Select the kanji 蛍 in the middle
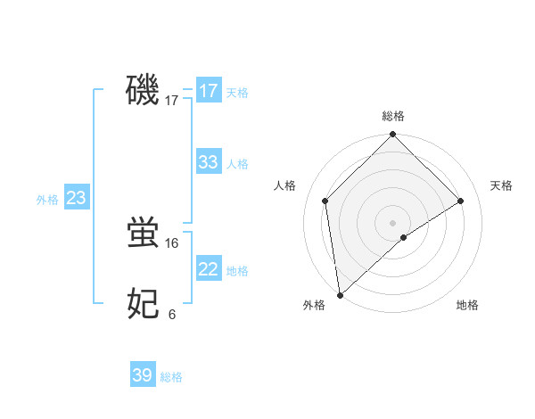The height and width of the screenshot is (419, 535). [x=143, y=234]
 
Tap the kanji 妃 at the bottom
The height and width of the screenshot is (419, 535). [x=143, y=304]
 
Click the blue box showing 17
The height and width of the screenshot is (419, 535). [x=208, y=91]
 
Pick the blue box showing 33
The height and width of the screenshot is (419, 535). [x=208, y=162]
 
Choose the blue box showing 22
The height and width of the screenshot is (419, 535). [x=208, y=269]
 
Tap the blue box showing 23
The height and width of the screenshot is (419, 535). [x=77, y=198]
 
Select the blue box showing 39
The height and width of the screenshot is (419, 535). [x=143, y=375]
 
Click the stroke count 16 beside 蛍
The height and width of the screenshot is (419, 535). [x=172, y=242]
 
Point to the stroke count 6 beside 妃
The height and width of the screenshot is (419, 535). [x=172, y=314]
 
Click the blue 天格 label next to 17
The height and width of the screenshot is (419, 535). [x=237, y=93]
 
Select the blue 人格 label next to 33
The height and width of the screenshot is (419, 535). [x=237, y=164]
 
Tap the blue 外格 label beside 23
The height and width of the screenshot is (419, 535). [x=47, y=200]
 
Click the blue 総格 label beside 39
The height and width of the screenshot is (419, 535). [x=171, y=377]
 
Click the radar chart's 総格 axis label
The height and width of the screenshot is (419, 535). [x=392, y=116]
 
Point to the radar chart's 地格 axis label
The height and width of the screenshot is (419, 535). [x=467, y=305]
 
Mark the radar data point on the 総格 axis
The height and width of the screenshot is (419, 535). [x=392, y=136]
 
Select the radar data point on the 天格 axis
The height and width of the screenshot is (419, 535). [x=461, y=201]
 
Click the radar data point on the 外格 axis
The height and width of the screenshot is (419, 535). [x=340, y=295]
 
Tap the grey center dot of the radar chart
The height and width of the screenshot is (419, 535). [x=392, y=223]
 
